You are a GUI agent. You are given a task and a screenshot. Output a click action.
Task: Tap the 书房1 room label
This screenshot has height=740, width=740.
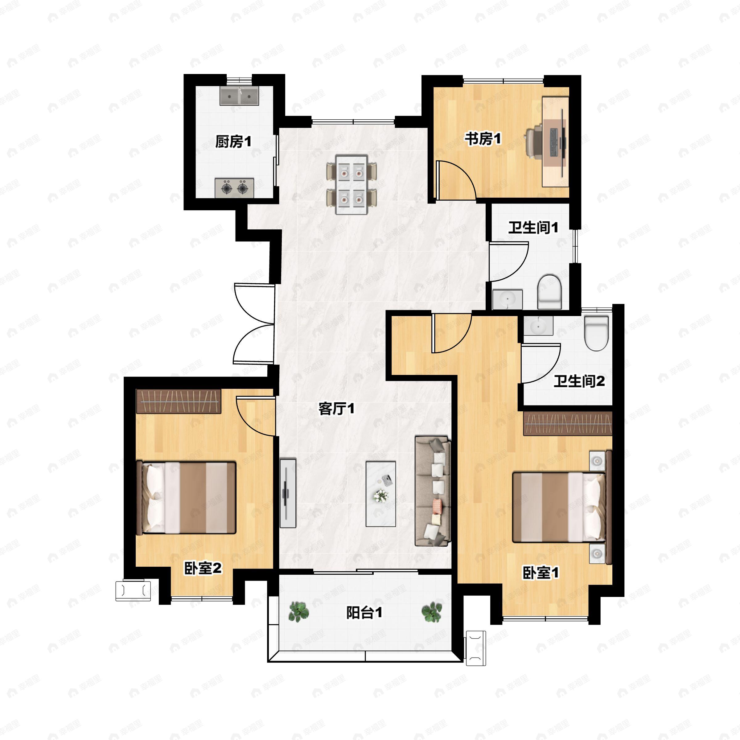[483, 139]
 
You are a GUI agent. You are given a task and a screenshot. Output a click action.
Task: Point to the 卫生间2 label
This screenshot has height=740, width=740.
[579, 381]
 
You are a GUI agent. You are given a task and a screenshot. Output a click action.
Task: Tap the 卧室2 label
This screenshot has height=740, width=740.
[203, 568]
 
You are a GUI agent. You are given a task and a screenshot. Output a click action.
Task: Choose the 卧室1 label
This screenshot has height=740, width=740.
[541, 573]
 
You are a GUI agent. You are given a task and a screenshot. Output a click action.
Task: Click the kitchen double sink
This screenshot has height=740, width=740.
[239, 96]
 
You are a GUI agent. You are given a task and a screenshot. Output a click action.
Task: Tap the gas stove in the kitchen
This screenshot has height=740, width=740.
[234, 188]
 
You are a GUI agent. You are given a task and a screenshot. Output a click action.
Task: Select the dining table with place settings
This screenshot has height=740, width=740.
[351, 184]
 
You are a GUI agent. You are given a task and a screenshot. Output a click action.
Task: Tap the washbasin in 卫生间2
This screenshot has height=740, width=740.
[539, 326]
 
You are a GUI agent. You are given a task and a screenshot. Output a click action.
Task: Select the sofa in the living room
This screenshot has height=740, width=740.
[432, 491]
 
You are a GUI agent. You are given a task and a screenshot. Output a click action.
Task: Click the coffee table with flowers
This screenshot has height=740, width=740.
[381, 494]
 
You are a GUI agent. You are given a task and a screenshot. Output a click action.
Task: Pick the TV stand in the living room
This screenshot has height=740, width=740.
[288, 493]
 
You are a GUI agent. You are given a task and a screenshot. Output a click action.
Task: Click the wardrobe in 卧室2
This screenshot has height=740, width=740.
[179, 401]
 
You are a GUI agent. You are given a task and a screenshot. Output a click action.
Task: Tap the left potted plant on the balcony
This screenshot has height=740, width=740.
[299, 611]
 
